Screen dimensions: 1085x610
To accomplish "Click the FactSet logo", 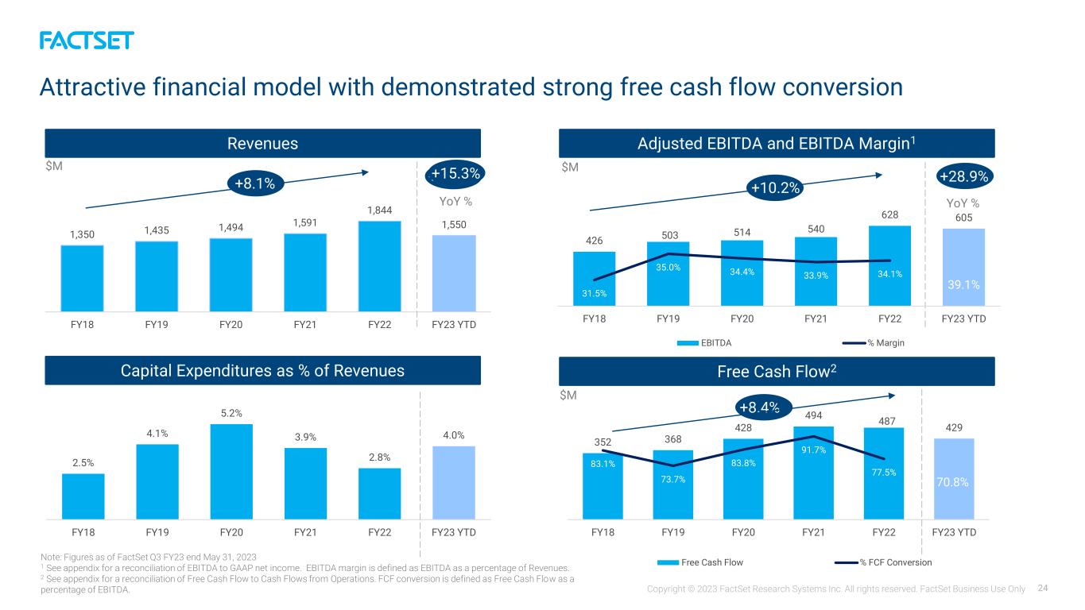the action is click(x=87, y=41).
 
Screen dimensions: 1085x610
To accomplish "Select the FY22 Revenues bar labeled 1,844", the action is click(x=380, y=266).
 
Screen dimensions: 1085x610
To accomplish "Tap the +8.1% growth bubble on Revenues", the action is click(x=255, y=183).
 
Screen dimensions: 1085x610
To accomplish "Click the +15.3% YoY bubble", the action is click(x=455, y=173).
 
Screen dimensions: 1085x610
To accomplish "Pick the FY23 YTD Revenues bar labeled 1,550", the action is click(x=454, y=273).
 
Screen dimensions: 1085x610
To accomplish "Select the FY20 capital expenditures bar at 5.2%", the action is click(x=231, y=472).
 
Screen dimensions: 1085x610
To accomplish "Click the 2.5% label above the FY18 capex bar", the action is click(x=83, y=463).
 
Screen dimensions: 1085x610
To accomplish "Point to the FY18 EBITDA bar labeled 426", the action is click(x=595, y=279).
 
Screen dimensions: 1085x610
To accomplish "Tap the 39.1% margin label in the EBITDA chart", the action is click(x=963, y=284).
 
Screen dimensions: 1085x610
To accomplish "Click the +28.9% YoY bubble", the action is click(x=964, y=176).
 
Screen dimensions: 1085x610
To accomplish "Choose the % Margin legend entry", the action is click(x=874, y=343).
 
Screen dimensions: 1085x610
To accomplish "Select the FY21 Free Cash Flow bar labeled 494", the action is click(x=814, y=473).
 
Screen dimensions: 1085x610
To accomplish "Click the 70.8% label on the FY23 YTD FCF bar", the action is click(x=952, y=482).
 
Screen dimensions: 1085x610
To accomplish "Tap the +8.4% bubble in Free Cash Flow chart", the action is click(x=760, y=407).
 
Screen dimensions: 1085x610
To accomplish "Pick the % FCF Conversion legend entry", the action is click(x=883, y=562).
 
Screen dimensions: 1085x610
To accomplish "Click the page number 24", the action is click(x=1043, y=589).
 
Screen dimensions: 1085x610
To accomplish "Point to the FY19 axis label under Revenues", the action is click(x=157, y=324).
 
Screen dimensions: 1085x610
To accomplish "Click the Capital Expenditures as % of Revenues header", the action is click(x=262, y=370).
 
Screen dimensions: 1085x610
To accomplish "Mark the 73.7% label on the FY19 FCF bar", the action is click(x=673, y=479).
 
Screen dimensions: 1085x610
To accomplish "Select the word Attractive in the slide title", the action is click(x=92, y=87).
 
